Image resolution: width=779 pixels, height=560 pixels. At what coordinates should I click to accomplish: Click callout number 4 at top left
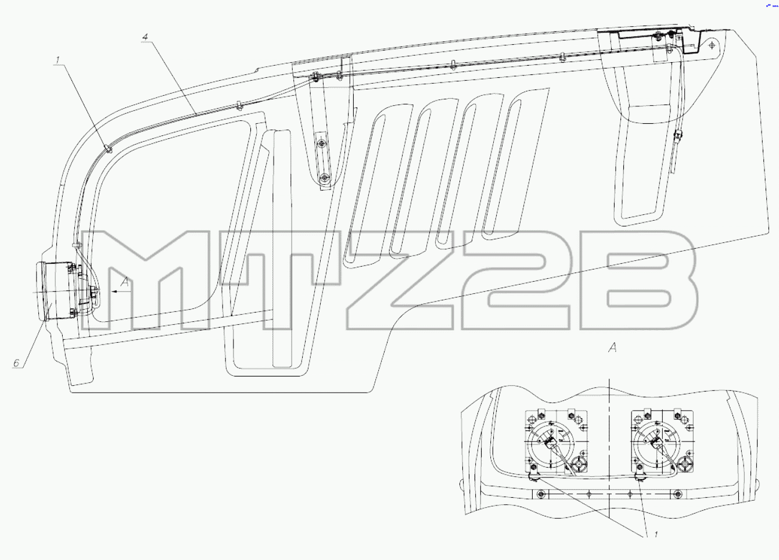coord(145,37)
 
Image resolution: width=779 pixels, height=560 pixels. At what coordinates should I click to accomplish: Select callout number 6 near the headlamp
coord(16,363)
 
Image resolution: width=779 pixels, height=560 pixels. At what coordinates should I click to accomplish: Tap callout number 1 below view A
coord(656,534)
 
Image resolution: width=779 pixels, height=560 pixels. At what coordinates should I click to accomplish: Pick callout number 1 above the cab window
coord(58,60)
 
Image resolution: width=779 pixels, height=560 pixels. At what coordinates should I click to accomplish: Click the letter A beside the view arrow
coord(125,282)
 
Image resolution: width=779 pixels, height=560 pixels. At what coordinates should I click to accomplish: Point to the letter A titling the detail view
coord(613,347)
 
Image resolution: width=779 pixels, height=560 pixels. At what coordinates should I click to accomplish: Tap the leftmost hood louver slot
coord(364,191)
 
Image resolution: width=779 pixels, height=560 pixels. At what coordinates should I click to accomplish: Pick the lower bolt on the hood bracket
coord(325,177)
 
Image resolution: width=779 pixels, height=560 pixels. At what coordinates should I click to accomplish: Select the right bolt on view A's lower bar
coord(677,494)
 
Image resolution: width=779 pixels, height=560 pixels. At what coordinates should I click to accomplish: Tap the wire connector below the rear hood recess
coord(677,136)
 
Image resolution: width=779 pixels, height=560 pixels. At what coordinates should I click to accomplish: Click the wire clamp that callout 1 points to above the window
coord(109,149)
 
